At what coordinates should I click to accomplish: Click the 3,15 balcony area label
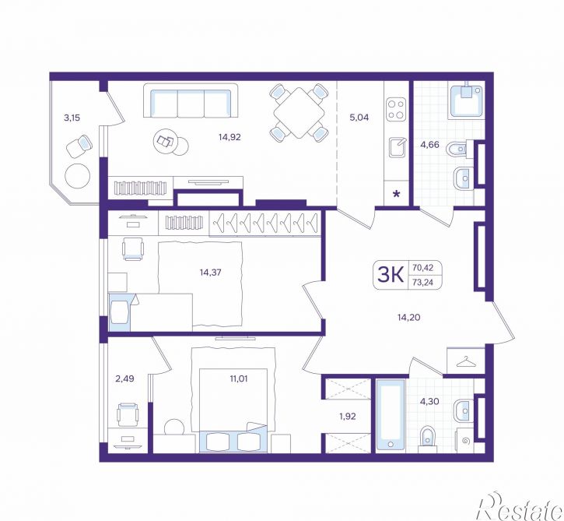click(x=72, y=118)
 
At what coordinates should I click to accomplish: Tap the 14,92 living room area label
click(x=229, y=137)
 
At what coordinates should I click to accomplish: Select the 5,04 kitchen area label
click(x=359, y=118)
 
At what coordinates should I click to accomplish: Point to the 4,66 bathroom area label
click(x=430, y=145)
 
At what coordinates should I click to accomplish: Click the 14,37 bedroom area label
click(x=210, y=273)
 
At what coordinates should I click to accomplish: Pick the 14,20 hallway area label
click(x=409, y=317)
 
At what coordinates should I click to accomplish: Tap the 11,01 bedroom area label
click(x=239, y=378)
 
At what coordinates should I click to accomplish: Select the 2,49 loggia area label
click(x=124, y=378)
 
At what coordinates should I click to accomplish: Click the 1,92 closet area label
click(x=348, y=416)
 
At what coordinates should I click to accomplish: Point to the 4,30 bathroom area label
click(x=429, y=401)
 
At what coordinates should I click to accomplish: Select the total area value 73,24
click(x=423, y=282)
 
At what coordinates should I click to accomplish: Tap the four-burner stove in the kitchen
click(x=396, y=110)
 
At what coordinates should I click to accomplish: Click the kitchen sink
click(x=398, y=148)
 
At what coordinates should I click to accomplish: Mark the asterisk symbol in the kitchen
click(x=397, y=195)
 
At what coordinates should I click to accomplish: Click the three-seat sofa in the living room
click(x=191, y=100)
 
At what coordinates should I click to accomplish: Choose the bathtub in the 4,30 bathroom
click(x=391, y=415)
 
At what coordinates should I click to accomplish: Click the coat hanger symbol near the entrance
click(x=465, y=362)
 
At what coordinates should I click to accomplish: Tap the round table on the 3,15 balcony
click(x=77, y=177)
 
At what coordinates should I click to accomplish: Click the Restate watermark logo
click(x=520, y=507)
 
